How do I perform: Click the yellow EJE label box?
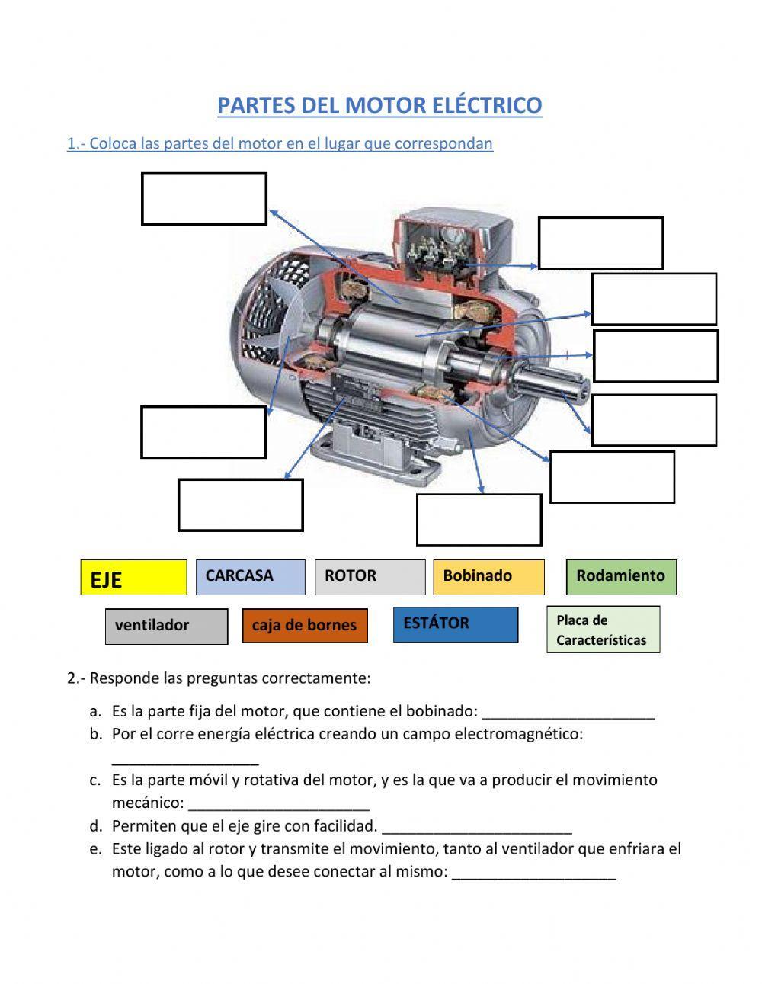[133, 578]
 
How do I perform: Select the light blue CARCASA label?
[250, 577]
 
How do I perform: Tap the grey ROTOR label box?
[370, 577]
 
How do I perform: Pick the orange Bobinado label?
[488, 577]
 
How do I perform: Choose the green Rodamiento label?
[621, 577]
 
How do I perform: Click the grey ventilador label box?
[166, 626]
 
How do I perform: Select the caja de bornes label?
[305, 626]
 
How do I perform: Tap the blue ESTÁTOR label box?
[456, 624]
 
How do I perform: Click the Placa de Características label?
[603, 630]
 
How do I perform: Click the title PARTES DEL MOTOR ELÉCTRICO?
[379, 105]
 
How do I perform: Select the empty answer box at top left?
[203, 199]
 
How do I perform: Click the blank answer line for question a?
[568, 713]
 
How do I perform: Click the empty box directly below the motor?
[479, 520]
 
